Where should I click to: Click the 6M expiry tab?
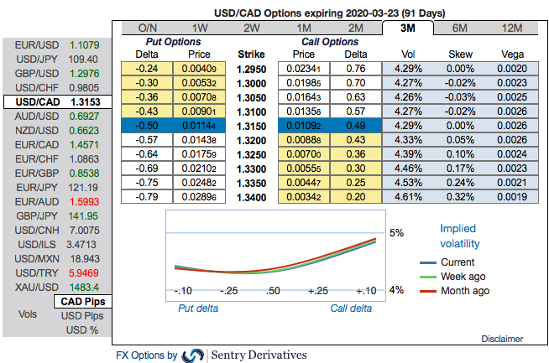pos(459,28)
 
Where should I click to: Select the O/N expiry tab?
pos(148,28)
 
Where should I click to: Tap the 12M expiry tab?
pos(511,28)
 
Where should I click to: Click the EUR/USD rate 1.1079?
pos(85,44)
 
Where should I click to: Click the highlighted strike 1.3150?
pos(250,125)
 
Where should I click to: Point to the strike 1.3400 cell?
pos(250,196)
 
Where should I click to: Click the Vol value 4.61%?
pos(408,196)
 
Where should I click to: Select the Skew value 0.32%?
pos(460,196)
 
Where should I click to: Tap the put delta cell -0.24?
pos(148,68)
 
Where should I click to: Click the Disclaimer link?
pos(503,339)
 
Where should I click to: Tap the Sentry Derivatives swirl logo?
pos(193,355)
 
